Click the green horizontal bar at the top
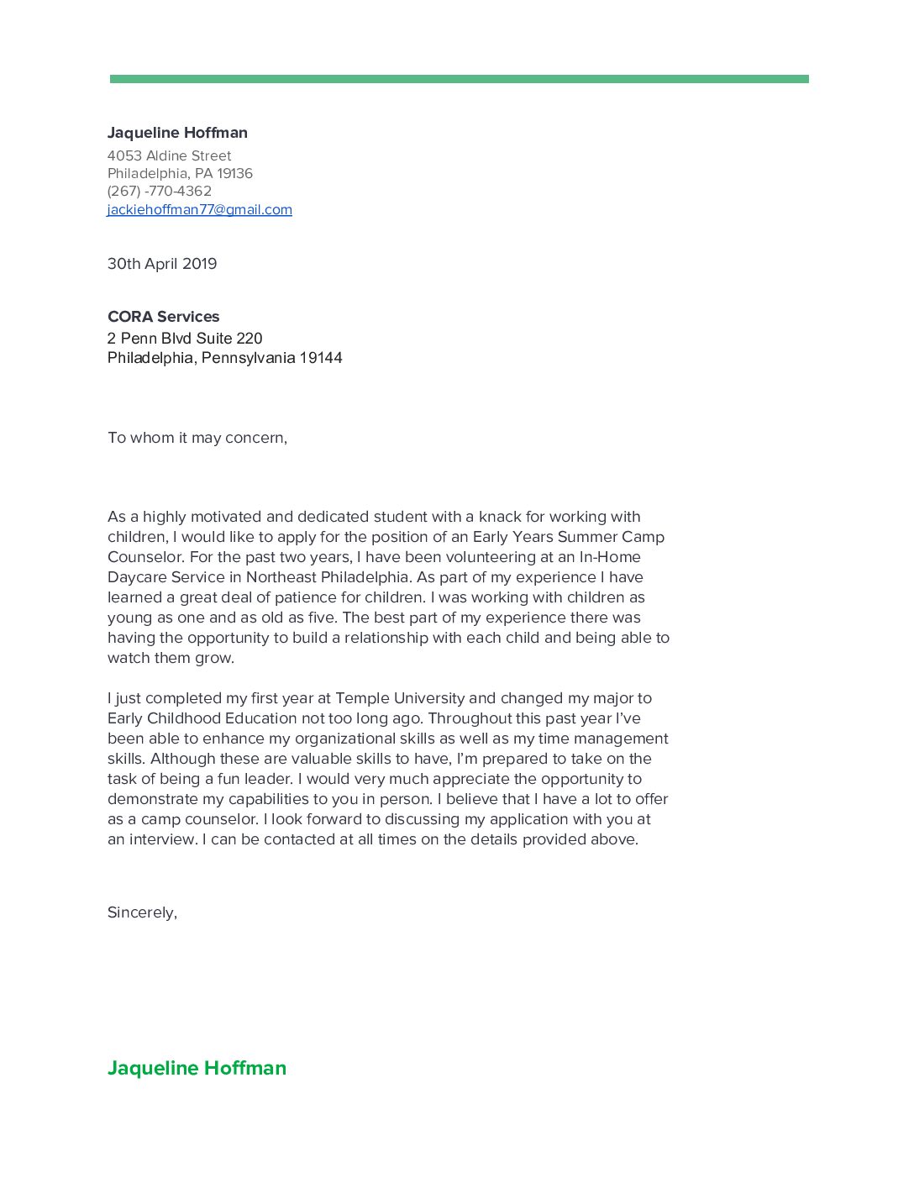coord(459,79)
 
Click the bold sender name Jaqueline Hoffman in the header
coord(177,133)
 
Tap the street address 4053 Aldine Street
coord(169,155)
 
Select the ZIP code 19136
coord(234,173)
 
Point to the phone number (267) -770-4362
coord(159,191)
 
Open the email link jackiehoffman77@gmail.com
coord(199,209)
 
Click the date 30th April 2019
coord(162,264)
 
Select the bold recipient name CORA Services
coord(163,317)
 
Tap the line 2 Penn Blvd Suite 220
coord(185,339)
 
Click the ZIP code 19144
coord(321,358)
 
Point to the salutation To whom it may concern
coord(197,438)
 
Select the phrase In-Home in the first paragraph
coord(610,557)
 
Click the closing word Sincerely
coord(141,912)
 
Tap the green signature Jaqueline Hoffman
coord(197,1068)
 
